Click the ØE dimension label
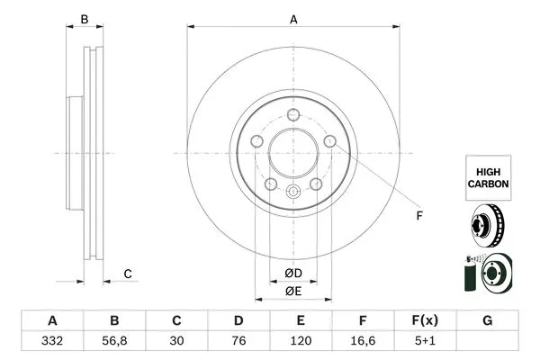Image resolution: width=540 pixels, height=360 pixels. pyautogui.click(x=292, y=290)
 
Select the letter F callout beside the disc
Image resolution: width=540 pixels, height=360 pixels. pyautogui.click(x=418, y=216)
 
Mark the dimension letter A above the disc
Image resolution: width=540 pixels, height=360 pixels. pyautogui.click(x=292, y=17)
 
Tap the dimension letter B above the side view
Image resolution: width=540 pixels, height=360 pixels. pyautogui.click(x=85, y=19)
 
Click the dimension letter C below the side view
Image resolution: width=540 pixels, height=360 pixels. pyautogui.click(x=128, y=274)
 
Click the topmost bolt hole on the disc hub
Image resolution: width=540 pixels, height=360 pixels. pyautogui.click(x=293, y=114)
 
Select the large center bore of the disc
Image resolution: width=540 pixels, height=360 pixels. pyautogui.click(x=292, y=153)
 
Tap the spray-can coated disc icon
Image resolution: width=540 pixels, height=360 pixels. pyautogui.click(x=487, y=273)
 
